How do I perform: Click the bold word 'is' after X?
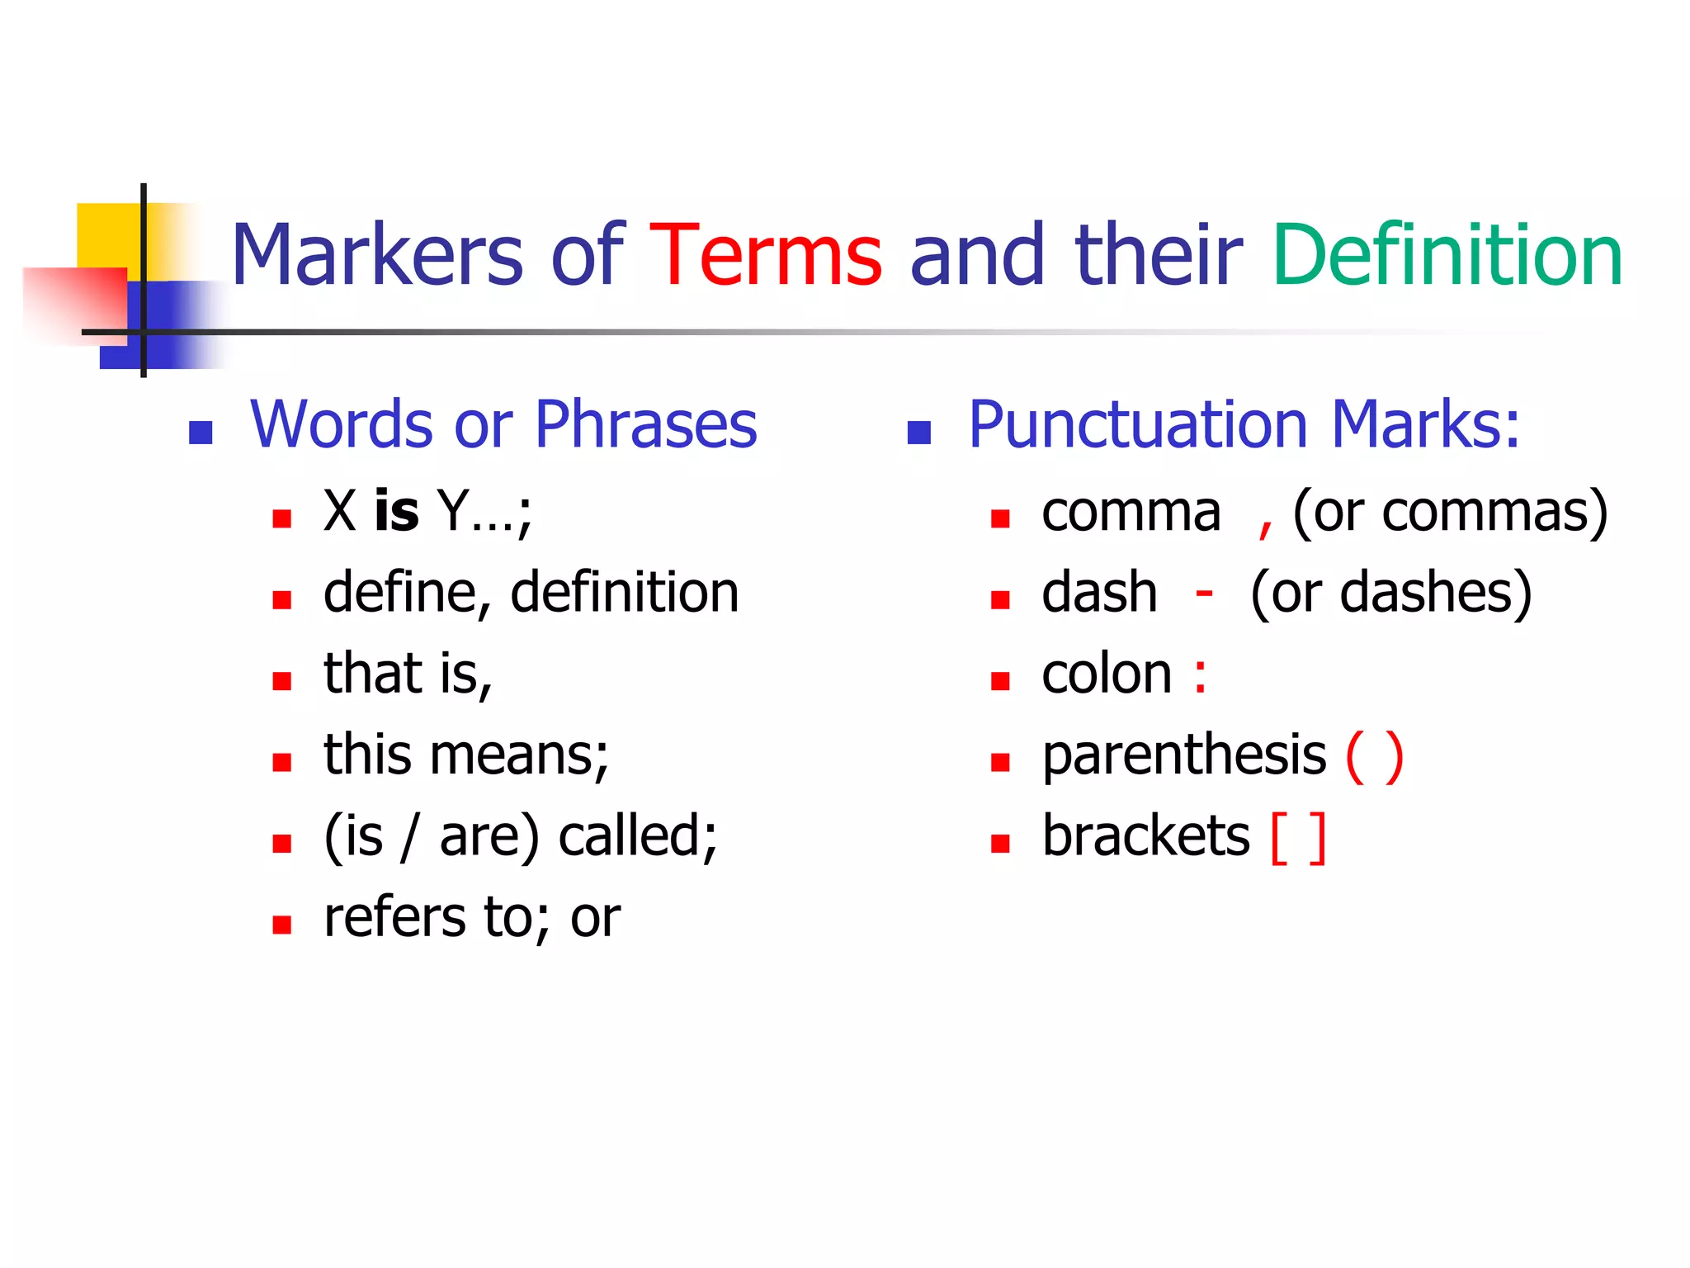tap(396, 511)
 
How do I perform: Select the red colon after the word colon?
tap(1200, 675)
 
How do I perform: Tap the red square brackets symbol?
tap(1298, 838)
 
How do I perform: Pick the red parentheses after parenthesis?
tap(1374, 756)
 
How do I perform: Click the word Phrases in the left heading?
tap(645, 424)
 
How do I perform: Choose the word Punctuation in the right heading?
tap(1138, 424)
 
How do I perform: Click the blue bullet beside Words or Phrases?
tap(201, 433)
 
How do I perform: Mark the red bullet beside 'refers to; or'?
tap(282, 924)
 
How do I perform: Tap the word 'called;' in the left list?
tap(638, 836)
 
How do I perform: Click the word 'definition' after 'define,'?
tap(625, 593)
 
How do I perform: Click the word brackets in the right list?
tap(1145, 836)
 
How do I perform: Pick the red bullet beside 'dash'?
tap(1000, 600)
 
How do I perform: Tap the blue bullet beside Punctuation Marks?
tap(918, 433)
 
